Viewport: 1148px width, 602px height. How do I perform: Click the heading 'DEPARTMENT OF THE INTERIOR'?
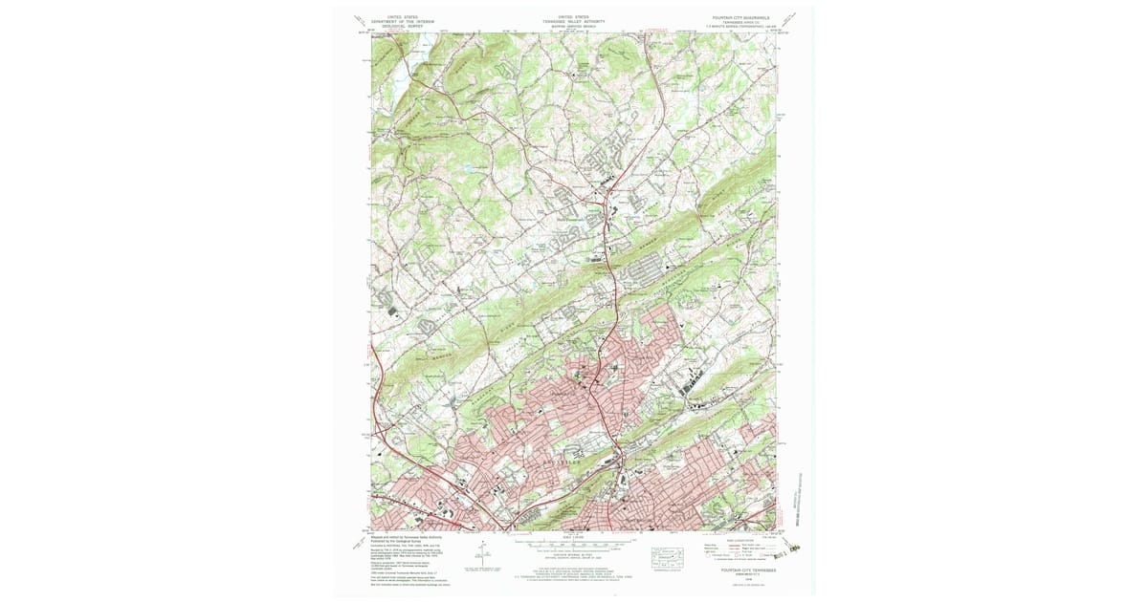coord(405,20)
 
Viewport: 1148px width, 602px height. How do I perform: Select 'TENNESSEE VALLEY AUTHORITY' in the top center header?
coord(574,20)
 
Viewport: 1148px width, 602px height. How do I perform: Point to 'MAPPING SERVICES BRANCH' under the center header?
coord(574,25)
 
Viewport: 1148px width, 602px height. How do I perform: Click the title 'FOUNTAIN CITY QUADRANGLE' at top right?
coord(741,16)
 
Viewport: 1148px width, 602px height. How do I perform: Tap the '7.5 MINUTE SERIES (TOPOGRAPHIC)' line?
coord(741,25)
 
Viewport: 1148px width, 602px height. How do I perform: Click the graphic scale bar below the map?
coord(572,548)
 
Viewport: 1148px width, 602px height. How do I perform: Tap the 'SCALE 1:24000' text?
coord(572,540)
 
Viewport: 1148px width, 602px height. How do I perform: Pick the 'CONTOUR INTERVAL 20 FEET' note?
coord(572,555)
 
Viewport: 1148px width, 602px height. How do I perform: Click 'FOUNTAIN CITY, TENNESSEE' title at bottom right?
coord(741,570)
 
